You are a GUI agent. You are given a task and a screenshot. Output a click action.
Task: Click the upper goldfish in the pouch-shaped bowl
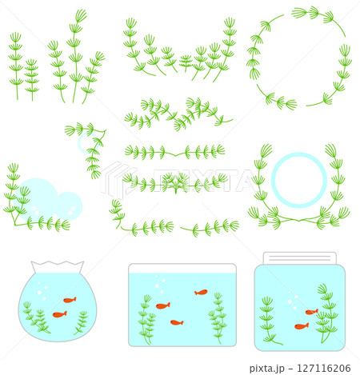coord(70,300)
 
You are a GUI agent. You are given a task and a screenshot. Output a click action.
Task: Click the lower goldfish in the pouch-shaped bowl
coord(59,314)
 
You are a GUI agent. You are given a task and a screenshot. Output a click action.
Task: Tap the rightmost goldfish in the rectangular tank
coord(201,293)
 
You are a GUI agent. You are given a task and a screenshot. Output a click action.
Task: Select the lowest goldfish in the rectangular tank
coord(177,322)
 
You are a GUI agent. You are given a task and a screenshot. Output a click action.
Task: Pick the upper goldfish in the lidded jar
coord(311,312)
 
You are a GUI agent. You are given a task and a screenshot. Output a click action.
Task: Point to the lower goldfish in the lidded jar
coord(301,326)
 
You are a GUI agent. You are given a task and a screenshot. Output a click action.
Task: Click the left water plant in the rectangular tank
coord(146,318)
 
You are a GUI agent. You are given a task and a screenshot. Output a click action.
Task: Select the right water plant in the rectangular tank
coord(218,317)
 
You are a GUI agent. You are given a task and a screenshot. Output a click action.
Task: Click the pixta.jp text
coord(268,369)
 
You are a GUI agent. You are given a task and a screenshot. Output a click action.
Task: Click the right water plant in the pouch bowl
coord(82,322)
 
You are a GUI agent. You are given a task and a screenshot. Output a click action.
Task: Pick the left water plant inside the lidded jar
coord(269,320)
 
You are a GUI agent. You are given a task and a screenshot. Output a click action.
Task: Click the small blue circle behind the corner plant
coord(87,143)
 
